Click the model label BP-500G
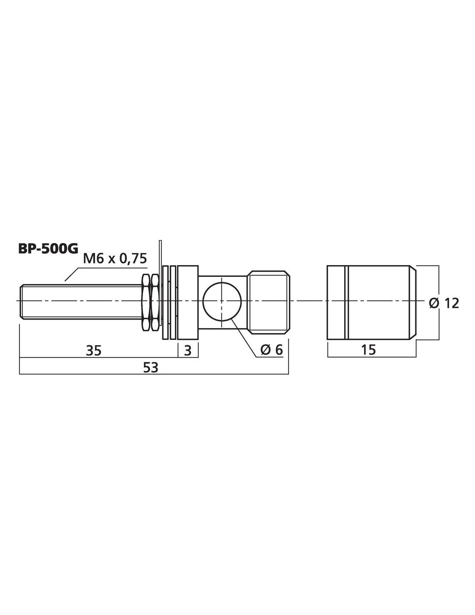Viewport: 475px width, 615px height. click(x=48, y=249)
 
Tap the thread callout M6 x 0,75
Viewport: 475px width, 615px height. click(x=115, y=258)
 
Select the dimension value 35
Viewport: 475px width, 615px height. click(x=94, y=350)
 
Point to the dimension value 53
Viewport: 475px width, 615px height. click(x=151, y=368)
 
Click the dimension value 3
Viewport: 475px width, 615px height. click(x=188, y=350)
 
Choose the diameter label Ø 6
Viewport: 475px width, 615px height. click(x=271, y=350)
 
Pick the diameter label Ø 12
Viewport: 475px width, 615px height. click(x=444, y=304)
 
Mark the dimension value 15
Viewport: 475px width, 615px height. click(x=369, y=350)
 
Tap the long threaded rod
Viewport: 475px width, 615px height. click(x=80, y=302)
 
